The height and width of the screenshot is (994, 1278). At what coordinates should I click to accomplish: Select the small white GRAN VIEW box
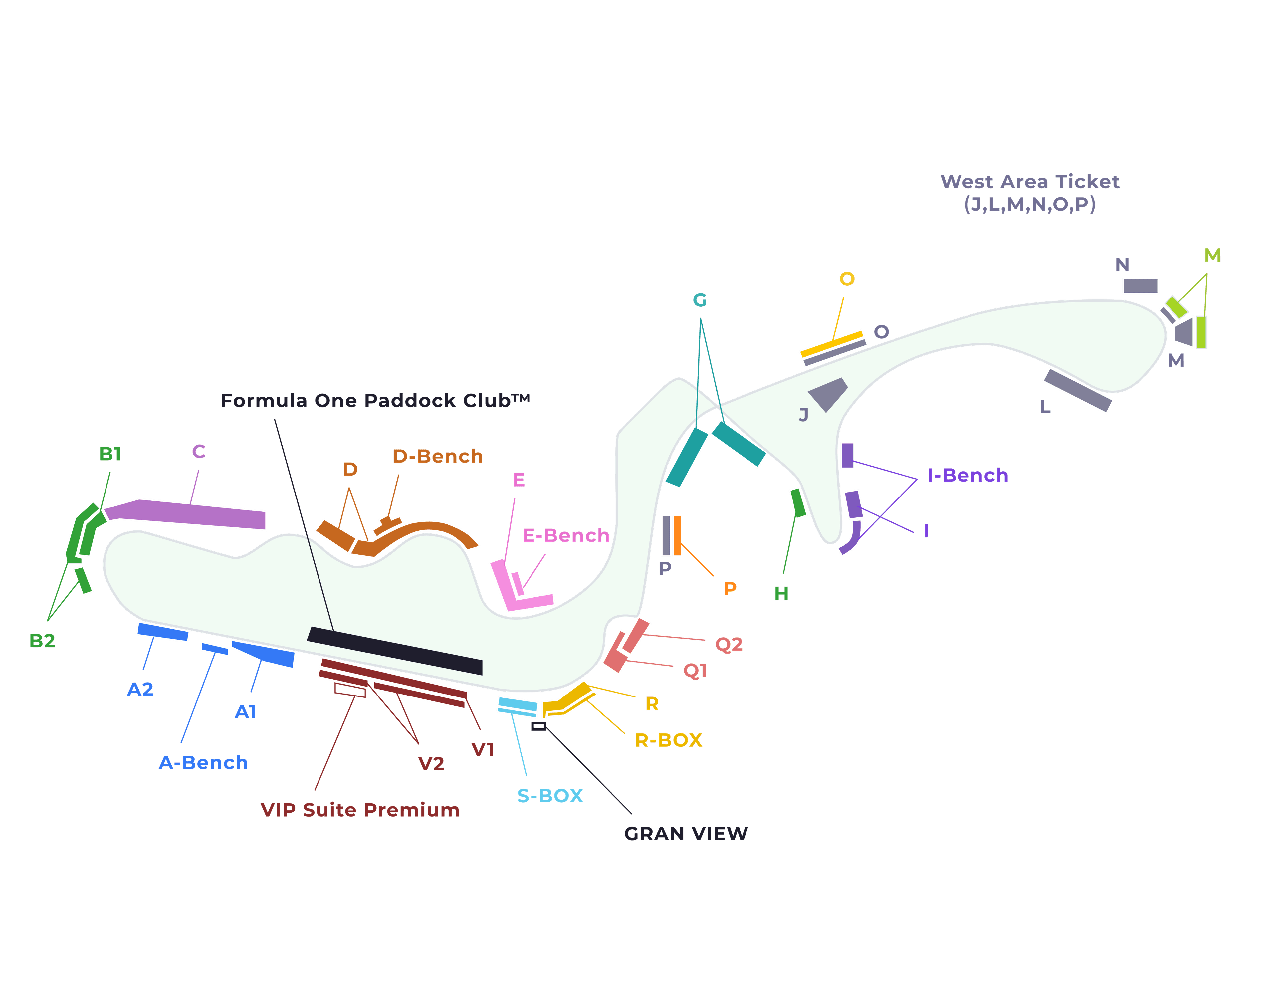coord(538,726)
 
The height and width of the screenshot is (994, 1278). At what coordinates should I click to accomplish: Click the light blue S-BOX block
coord(517,706)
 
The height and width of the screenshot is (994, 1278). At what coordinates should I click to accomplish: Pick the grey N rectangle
coord(1140,286)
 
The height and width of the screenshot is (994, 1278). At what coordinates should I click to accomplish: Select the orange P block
coord(677,535)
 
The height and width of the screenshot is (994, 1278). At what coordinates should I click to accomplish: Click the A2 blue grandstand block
coord(163,631)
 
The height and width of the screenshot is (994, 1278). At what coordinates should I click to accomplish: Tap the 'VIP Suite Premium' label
coord(360,810)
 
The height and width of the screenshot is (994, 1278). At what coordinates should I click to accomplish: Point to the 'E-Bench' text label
coord(565,535)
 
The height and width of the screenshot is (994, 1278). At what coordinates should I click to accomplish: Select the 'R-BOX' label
coord(668,740)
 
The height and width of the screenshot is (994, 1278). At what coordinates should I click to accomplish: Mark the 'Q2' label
coord(729,645)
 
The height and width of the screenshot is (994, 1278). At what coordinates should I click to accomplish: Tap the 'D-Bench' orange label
coord(437,456)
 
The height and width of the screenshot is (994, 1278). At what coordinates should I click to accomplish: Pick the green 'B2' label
coord(42,641)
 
